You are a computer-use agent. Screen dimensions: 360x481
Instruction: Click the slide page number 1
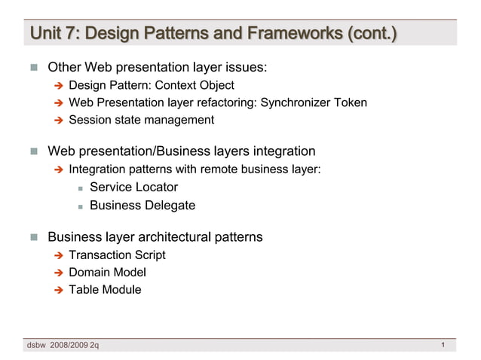click(x=445, y=345)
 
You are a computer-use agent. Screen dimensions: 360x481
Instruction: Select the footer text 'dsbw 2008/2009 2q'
click(x=63, y=346)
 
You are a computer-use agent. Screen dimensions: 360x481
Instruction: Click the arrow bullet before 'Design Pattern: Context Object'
click(x=59, y=85)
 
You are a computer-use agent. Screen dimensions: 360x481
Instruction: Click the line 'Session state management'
click(x=141, y=120)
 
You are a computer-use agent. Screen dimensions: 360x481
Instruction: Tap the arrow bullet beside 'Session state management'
click(x=59, y=121)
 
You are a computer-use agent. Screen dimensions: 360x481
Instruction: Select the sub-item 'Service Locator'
click(x=133, y=187)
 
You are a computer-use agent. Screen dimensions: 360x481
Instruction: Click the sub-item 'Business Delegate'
click(x=142, y=205)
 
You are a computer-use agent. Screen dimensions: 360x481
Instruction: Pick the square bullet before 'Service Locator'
click(x=81, y=188)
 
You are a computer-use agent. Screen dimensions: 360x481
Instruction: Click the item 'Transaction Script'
click(x=117, y=255)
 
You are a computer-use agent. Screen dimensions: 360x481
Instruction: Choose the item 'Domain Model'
click(x=107, y=272)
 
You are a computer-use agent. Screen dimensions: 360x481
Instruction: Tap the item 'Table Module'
click(x=105, y=289)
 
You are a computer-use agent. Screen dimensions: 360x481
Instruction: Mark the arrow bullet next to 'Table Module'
click(x=59, y=290)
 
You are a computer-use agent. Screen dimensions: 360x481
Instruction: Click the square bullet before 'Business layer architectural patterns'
click(x=33, y=237)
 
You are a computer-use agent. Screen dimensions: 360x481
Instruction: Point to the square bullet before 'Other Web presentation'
click(x=33, y=67)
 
